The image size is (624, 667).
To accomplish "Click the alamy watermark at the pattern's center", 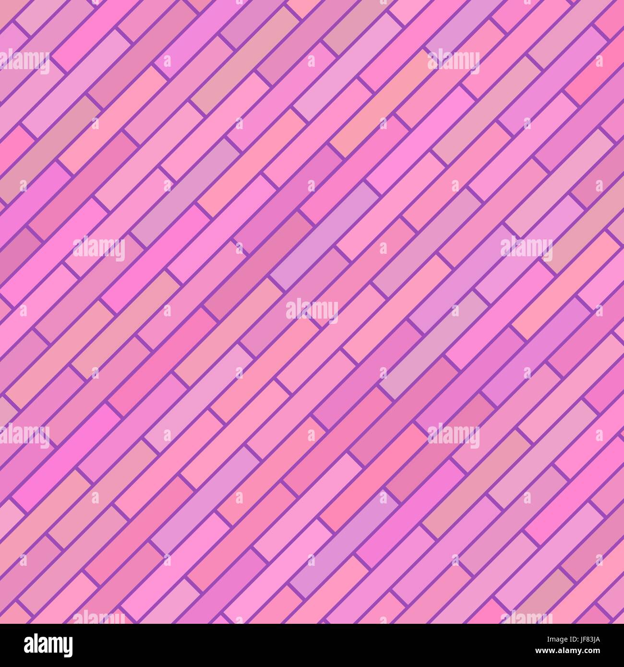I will coord(312,310).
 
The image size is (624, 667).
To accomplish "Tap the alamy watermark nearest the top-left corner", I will coord(24,62).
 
